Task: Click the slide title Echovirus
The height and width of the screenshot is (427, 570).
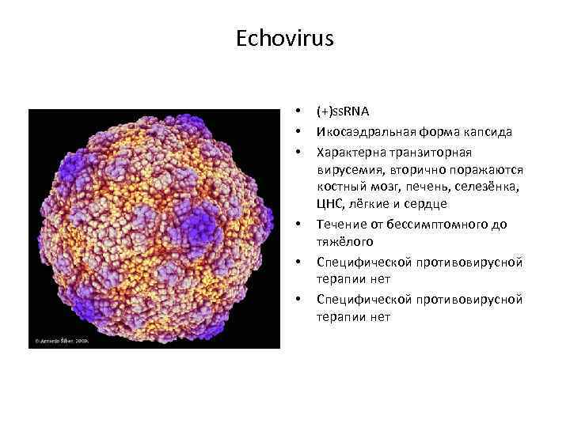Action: pos(285,39)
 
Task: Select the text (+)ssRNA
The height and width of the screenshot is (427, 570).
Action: pos(343,112)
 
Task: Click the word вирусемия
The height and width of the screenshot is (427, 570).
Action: pos(347,169)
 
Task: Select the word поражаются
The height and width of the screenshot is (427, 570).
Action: pos(482,169)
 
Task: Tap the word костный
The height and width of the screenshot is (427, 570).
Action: pos(338,187)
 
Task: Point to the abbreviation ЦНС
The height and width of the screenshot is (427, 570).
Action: pos(328,206)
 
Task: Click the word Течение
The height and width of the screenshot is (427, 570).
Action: pos(339,225)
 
